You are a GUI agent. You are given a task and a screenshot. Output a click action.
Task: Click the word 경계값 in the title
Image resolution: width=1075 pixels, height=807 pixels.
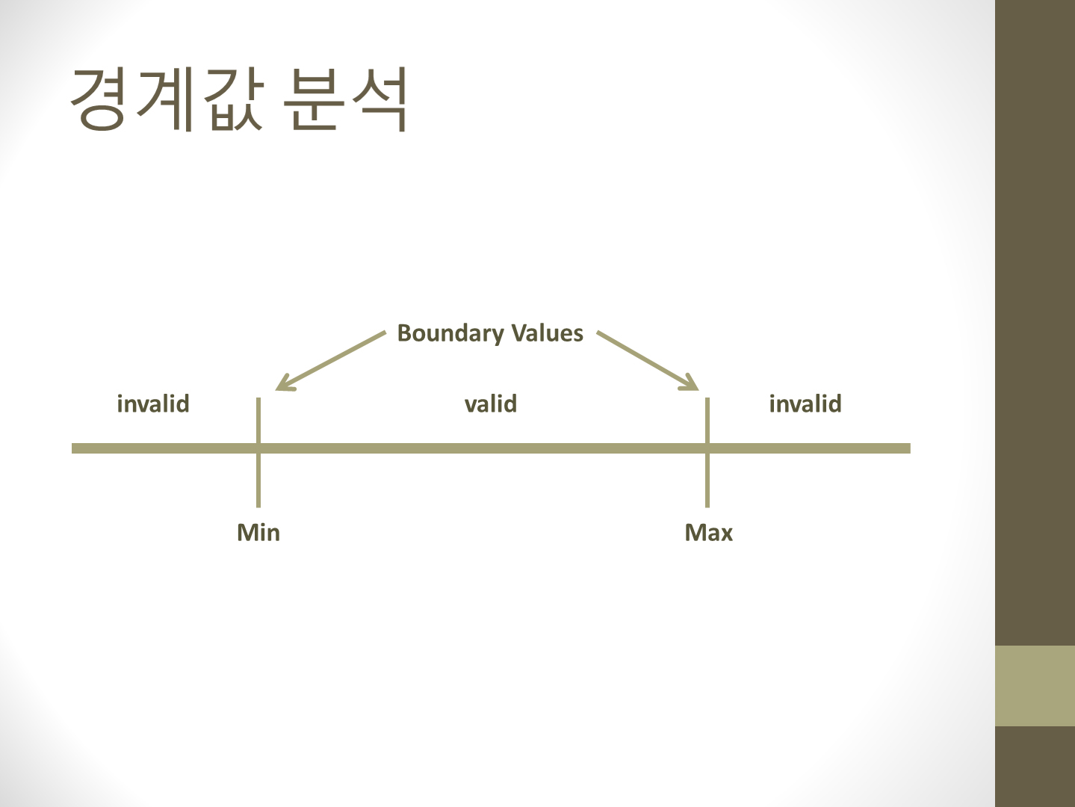click(x=167, y=99)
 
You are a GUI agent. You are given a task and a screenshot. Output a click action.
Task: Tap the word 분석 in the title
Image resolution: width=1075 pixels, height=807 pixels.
click(x=345, y=99)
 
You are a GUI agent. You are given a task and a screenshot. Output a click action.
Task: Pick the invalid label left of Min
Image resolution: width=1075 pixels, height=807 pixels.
click(x=153, y=403)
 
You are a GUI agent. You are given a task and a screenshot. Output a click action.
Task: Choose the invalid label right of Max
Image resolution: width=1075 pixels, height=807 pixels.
click(x=805, y=403)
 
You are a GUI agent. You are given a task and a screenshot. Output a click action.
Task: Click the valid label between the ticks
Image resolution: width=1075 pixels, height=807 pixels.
click(x=491, y=403)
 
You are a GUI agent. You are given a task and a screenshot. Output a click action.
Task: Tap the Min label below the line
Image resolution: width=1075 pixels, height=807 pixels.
click(x=258, y=533)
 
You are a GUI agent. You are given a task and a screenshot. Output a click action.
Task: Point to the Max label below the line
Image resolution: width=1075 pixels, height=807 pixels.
click(x=709, y=533)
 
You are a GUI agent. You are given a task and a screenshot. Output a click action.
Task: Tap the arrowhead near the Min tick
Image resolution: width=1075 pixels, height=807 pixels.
click(x=282, y=384)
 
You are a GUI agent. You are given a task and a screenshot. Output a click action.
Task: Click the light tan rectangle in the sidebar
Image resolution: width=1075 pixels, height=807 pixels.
click(x=1035, y=685)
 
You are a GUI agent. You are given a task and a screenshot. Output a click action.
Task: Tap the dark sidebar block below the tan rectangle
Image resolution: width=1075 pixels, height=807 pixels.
click(x=1035, y=766)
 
